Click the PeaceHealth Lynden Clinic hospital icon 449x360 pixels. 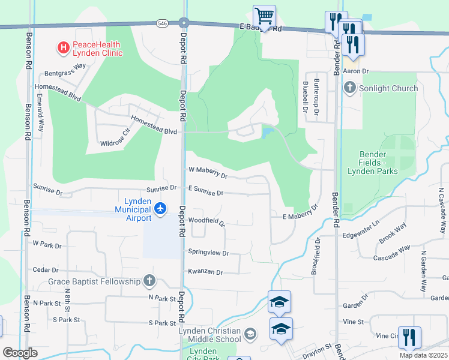[62, 46]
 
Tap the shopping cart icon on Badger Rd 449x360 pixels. [264, 15]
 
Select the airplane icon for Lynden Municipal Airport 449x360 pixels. [160, 209]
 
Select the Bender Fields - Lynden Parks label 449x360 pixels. [373, 163]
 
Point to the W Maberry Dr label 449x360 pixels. [208, 173]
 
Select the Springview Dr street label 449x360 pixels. [209, 253]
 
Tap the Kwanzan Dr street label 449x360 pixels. [205, 272]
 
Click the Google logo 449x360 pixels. [20, 353]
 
